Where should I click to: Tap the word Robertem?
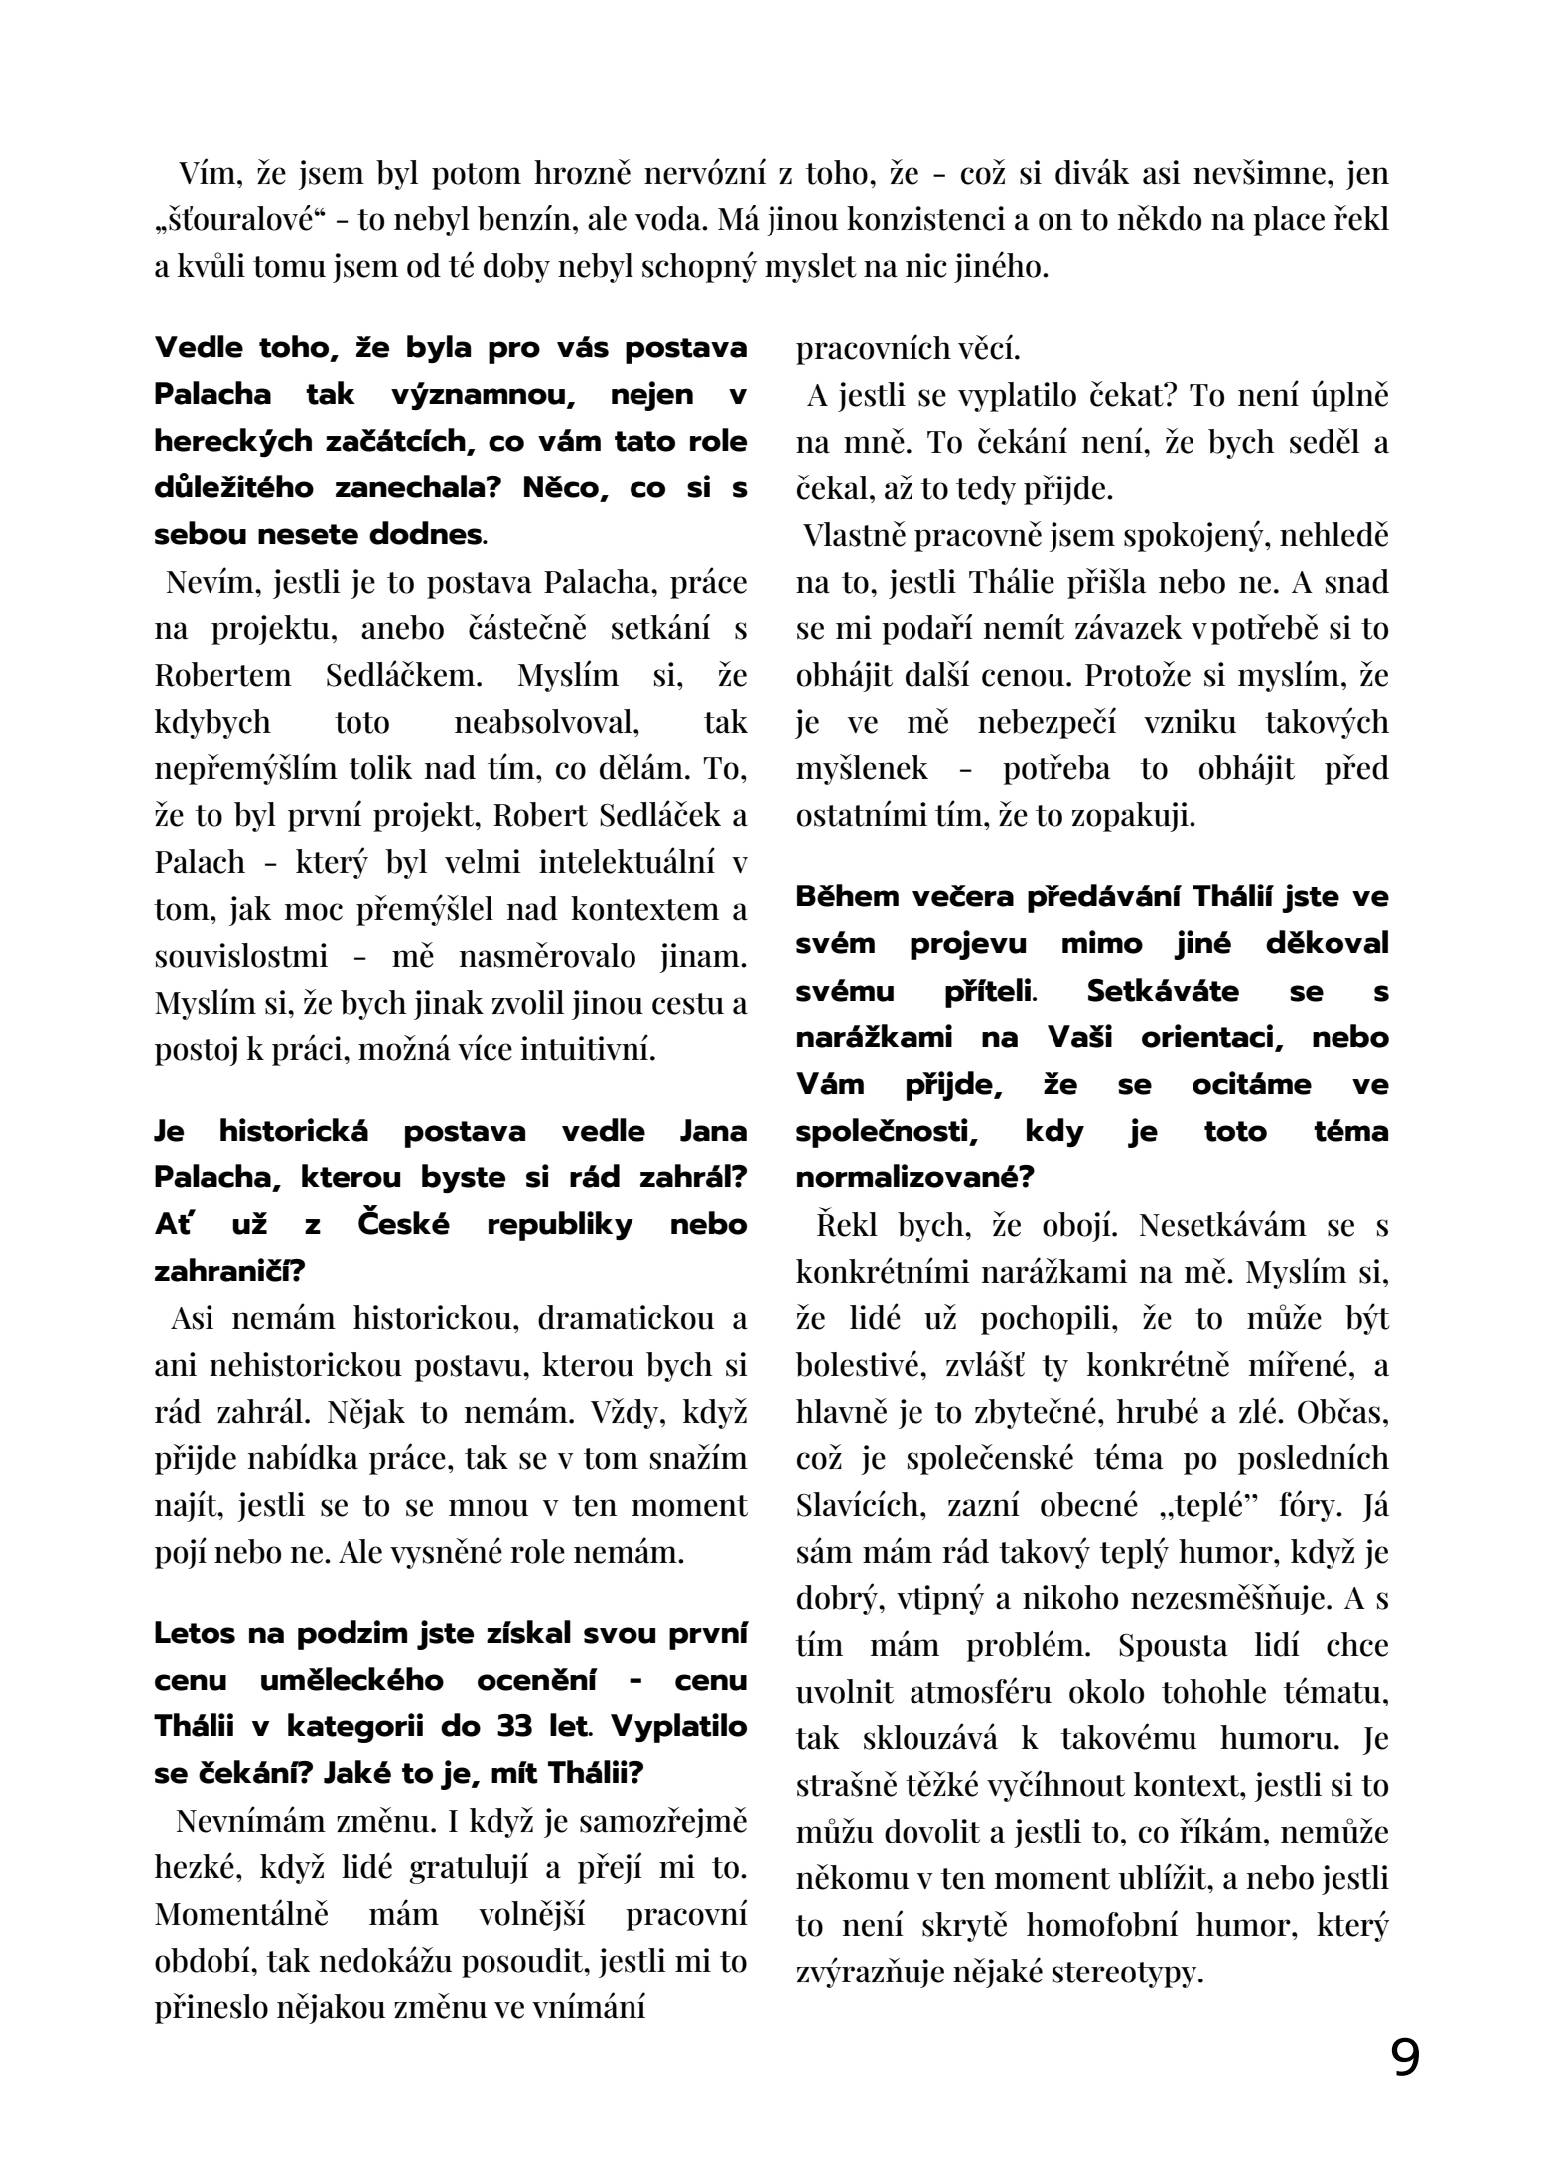point(223,675)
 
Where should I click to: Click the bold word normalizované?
point(914,1177)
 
